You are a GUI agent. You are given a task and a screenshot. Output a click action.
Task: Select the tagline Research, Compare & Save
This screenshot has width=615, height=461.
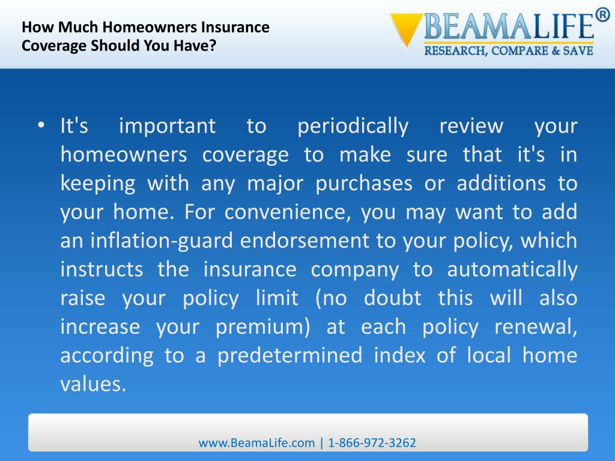tap(509, 51)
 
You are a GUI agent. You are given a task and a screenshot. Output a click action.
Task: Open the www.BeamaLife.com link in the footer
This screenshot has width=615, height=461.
tap(256, 443)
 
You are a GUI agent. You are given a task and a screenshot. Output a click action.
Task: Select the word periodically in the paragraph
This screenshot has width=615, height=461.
tap(353, 126)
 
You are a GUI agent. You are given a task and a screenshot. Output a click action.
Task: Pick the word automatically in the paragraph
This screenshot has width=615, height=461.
tap(512, 270)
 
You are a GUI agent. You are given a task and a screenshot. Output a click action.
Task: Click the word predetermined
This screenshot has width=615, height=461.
tap(289, 355)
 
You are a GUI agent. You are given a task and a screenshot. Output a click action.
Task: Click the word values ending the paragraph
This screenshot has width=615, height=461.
tap(93, 384)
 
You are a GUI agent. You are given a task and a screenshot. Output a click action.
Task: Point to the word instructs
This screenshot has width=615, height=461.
tap(101, 270)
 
